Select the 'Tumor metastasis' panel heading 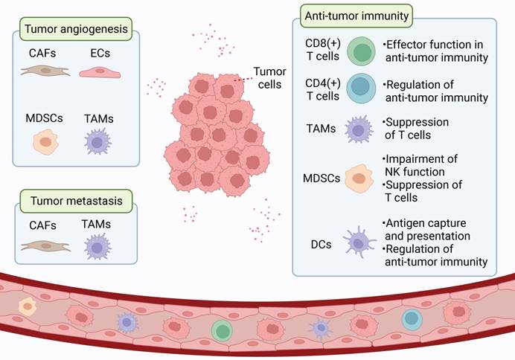[76, 200]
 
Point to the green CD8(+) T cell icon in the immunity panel [362, 54]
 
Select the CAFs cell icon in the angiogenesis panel [46, 71]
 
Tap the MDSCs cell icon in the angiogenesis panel [45, 141]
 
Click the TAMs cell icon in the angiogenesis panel [98, 141]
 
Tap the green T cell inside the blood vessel [221, 330]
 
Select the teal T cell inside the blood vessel [411, 319]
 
